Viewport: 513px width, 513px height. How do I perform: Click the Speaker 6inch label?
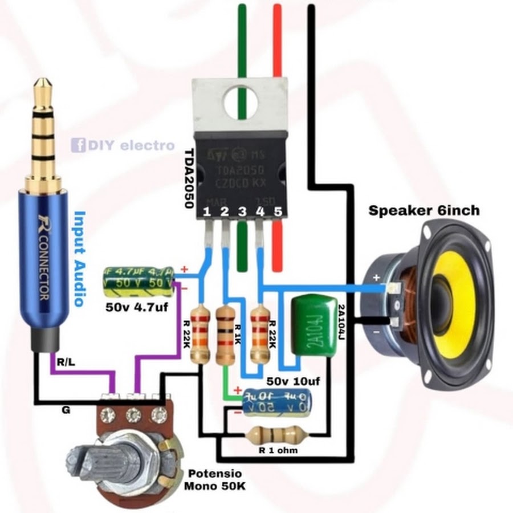tap(424, 210)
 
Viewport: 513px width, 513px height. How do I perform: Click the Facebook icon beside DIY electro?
tap(78, 145)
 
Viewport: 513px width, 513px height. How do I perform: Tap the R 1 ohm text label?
tap(276, 450)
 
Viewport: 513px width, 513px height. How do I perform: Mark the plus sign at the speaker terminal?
tap(375, 278)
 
